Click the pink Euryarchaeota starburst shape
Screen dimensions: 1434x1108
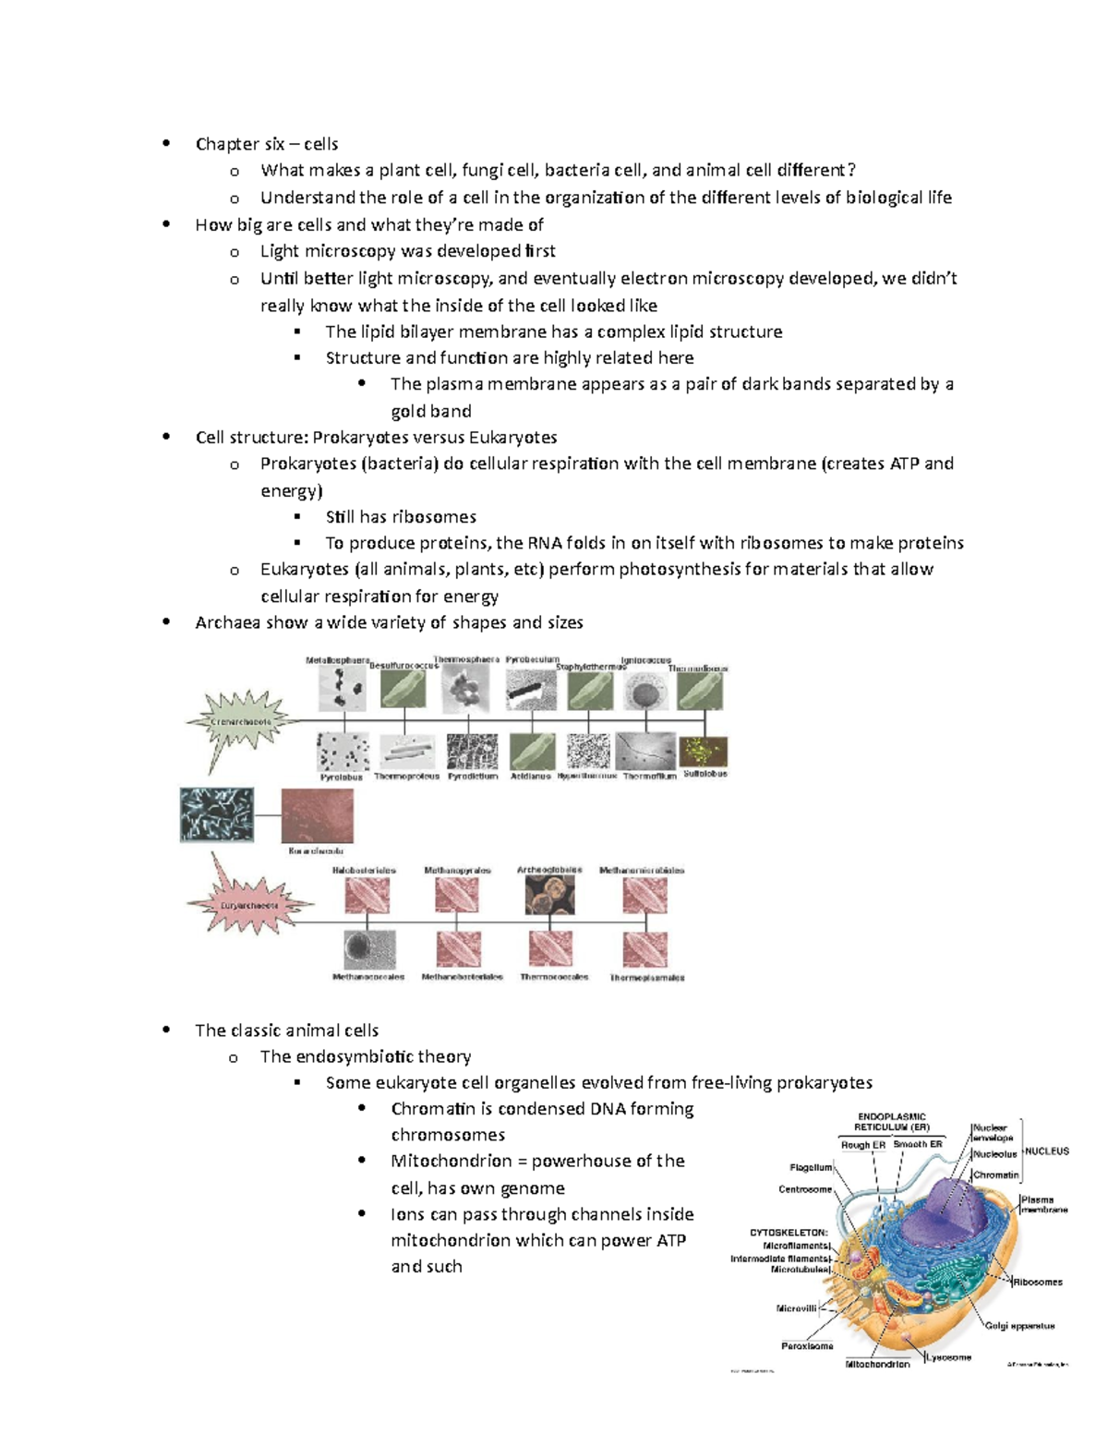pos(248,904)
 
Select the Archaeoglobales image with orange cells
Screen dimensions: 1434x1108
pos(549,895)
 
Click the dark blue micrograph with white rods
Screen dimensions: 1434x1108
pos(217,814)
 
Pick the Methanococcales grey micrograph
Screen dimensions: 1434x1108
pos(368,949)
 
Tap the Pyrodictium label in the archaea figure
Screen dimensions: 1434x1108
pos(473,777)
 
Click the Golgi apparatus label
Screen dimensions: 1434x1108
pos(1019,1326)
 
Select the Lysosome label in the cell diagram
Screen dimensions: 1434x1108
pos(949,1357)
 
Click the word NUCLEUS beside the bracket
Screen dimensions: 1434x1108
pos(1046,1151)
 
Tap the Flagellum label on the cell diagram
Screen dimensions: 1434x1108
pos(811,1167)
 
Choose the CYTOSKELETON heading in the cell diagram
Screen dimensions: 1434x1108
pos(789,1232)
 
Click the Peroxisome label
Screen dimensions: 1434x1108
pos(807,1346)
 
